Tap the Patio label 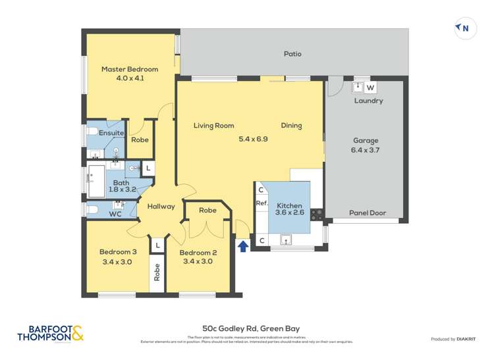click(x=292, y=54)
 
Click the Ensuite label click(x=111, y=133)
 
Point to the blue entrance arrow click(x=243, y=246)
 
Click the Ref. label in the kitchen click(x=261, y=204)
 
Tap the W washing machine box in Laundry click(x=370, y=88)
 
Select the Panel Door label click(x=367, y=213)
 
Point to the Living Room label click(x=213, y=126)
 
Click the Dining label click(x=291, y=126)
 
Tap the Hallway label click(x=161, y=207)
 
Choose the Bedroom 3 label click(x=118, y=251)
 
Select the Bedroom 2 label click(x=198, y=253)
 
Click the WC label click(x=115, y=214)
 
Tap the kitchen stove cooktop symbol click(x=316, y=213)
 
